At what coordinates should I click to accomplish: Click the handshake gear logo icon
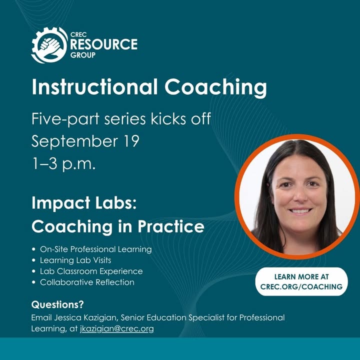(49, 45)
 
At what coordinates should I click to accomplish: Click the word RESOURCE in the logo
(104, 44)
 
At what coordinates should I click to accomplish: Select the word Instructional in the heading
(94, 87)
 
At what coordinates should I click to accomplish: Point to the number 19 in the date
(132, 140)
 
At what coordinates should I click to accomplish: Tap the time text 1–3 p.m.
(63, 163)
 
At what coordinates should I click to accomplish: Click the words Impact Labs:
(84, 202)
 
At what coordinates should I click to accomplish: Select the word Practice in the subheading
(171, 226)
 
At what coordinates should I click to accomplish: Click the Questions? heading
(57, 304)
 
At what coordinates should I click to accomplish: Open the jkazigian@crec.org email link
(117, 329)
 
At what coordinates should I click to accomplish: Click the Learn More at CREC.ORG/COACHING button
(301, 281)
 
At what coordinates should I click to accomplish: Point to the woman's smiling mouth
(300, 211)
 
